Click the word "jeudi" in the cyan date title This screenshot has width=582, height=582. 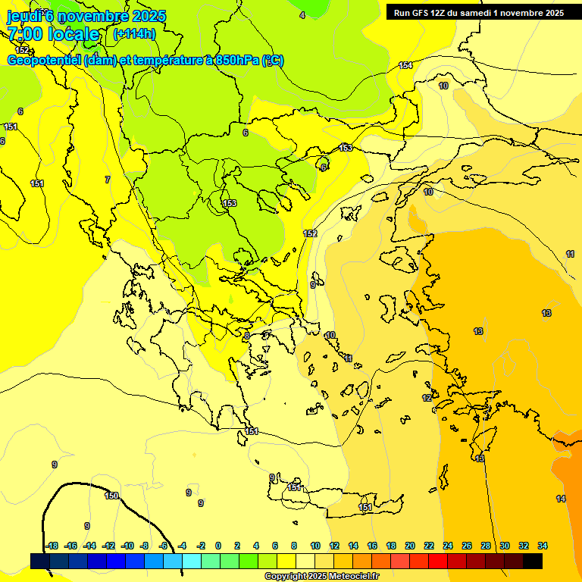[x=23, y=16]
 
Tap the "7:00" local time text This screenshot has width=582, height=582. [x=24, y=34]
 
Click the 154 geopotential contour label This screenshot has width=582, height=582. [x=406, y=66]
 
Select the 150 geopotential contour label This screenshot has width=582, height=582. [x=111, y=496]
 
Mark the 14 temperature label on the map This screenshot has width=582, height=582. [x=561, y=499]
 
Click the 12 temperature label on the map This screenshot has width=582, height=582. [x=427, y=398]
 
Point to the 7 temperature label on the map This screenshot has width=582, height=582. [x=108, y=180]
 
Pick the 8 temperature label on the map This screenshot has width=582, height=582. [x=246, y=335]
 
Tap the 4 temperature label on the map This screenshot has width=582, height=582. [x=302, y=15]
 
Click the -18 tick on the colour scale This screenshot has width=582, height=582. [x=52, y=546]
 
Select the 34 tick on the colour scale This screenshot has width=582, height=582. [x=543, y=546]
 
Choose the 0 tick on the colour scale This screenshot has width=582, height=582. [x=218, y=546]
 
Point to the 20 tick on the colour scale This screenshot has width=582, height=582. [x=410, y=546]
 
